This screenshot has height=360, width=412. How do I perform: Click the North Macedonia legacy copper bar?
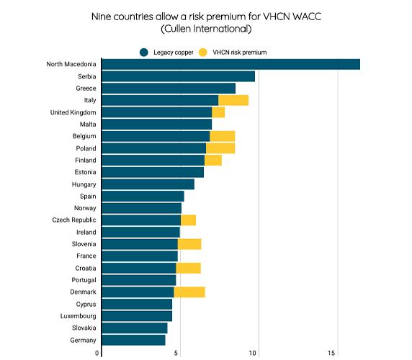(230, 64)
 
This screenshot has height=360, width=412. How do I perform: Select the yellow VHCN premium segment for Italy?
(233, 100)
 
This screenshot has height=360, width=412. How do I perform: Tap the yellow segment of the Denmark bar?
(189, 292)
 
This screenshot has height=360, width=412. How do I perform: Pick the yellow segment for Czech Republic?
(188, 220)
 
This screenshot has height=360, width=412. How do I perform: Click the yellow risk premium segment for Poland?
(220, 148)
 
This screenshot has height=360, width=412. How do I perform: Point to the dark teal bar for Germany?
(133, 340)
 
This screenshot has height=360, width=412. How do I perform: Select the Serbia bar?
(178, 76)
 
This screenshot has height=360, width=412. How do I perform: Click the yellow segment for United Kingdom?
(218, 112)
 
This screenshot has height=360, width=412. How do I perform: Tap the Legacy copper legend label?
(173, 52)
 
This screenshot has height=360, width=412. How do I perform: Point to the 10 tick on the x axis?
(253, 353)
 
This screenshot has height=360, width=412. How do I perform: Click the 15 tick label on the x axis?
(332, 353)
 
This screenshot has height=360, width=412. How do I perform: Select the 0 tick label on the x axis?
(97, 353)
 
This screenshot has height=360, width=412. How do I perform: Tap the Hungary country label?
(81, 184)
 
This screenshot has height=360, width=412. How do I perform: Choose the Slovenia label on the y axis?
(81, 244)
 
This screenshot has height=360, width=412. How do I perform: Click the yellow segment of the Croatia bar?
(188, 268)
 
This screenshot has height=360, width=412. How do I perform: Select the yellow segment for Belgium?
(222, 136)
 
